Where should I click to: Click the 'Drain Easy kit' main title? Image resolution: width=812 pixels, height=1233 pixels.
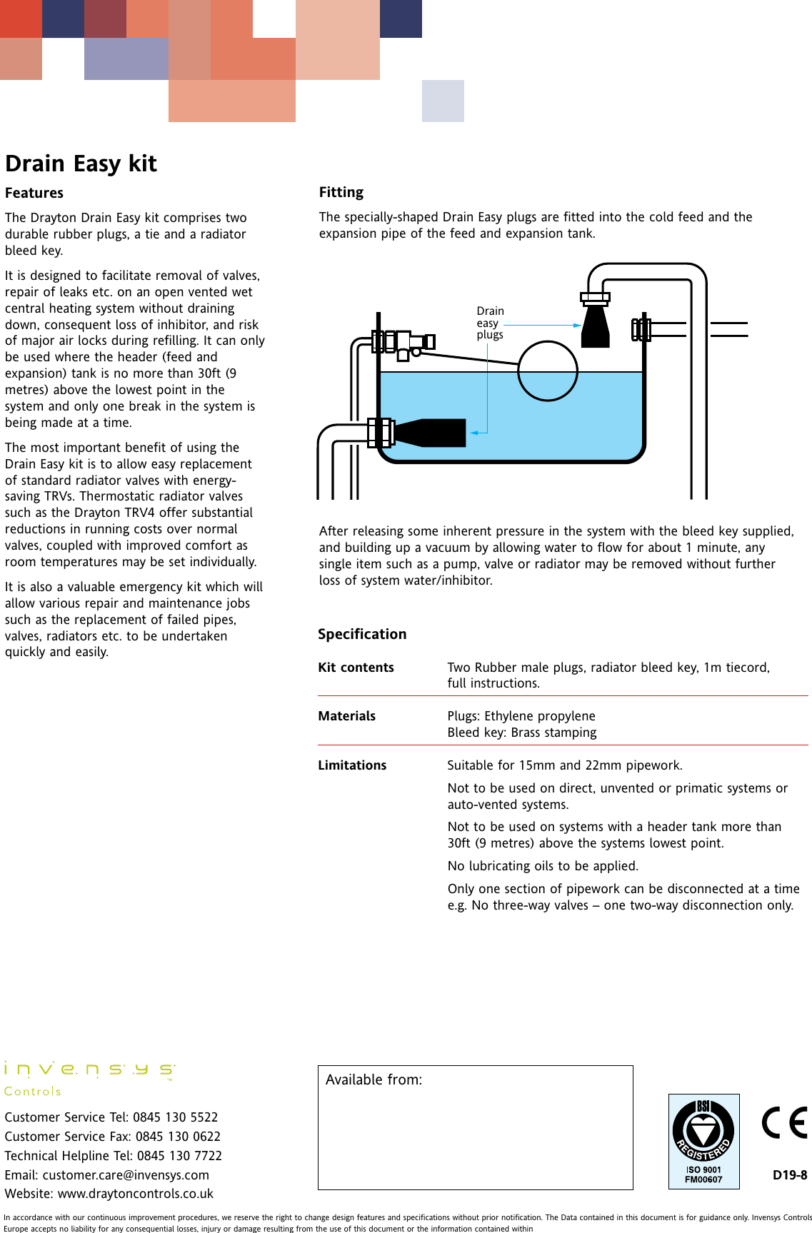pyautogui.click(x=81, y=163)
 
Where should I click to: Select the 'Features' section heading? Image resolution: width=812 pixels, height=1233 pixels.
pyautogui.click(x=34, y=193)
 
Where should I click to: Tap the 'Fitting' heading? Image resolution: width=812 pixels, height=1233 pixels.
pyautogui.click(x=341, y=192)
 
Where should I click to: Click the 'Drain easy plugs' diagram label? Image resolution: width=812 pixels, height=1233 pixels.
pyautogui.click(x=490, y=323)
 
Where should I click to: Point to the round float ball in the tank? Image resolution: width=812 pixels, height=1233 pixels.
pyautogui.click(x=547, y=371)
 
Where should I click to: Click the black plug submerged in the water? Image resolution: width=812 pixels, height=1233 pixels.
pyautogui.click(x=433, y=433)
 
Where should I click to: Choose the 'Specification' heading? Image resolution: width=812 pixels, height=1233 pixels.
pyautogui.click(x=362, y=634)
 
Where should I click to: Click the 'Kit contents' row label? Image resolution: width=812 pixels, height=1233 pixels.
pyautogui.click(x=356, y=668)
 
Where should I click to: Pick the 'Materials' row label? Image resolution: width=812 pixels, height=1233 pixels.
pyautogui.click(x=346, y=716)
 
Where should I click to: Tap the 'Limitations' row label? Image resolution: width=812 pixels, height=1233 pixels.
pyautogui.click(x=352, y=765)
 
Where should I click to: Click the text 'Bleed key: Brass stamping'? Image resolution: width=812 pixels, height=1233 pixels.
pyautogui.click(x=522, y=733)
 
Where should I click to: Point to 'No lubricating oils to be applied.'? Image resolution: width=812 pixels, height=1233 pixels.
pyautogui.click(x=543, y=866)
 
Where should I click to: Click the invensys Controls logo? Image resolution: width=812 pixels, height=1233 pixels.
pyautogui.click(x=89, y=1077)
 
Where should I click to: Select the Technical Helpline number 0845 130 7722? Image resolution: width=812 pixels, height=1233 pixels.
pyautogui.click(x=179, y=1155)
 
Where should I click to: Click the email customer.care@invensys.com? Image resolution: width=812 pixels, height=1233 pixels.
pyautogui.click(x=126, y=1174)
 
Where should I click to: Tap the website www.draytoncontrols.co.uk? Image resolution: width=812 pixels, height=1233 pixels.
pyautogui.click(x=135, y=1194)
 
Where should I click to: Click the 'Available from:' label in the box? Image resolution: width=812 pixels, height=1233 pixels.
pyautogui.click(x=374, y=1079)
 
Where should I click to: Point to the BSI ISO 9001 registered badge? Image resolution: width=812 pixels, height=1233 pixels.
pyautogui.click(x=703, y=1141)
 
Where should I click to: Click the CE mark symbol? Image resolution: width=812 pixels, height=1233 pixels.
pyautogui.click(x=784, y=1123)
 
